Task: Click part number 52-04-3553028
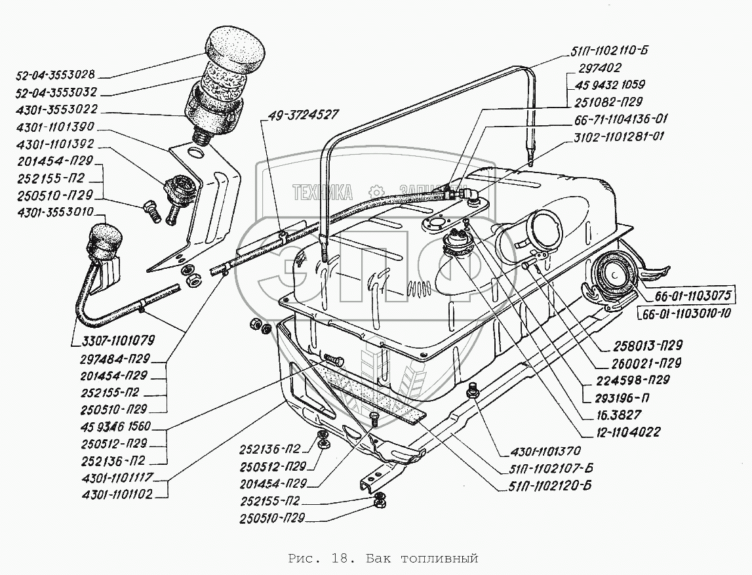point(56,75)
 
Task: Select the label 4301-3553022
point(56,109)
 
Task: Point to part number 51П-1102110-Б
point(609,50)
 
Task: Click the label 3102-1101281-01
point(619,136)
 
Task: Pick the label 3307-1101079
point(119,340)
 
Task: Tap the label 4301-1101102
point(117,494)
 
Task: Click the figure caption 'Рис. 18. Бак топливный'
point(384,559)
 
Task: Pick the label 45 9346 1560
point(116,426)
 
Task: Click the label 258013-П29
point(648,346)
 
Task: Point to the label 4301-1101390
point(55,127)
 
